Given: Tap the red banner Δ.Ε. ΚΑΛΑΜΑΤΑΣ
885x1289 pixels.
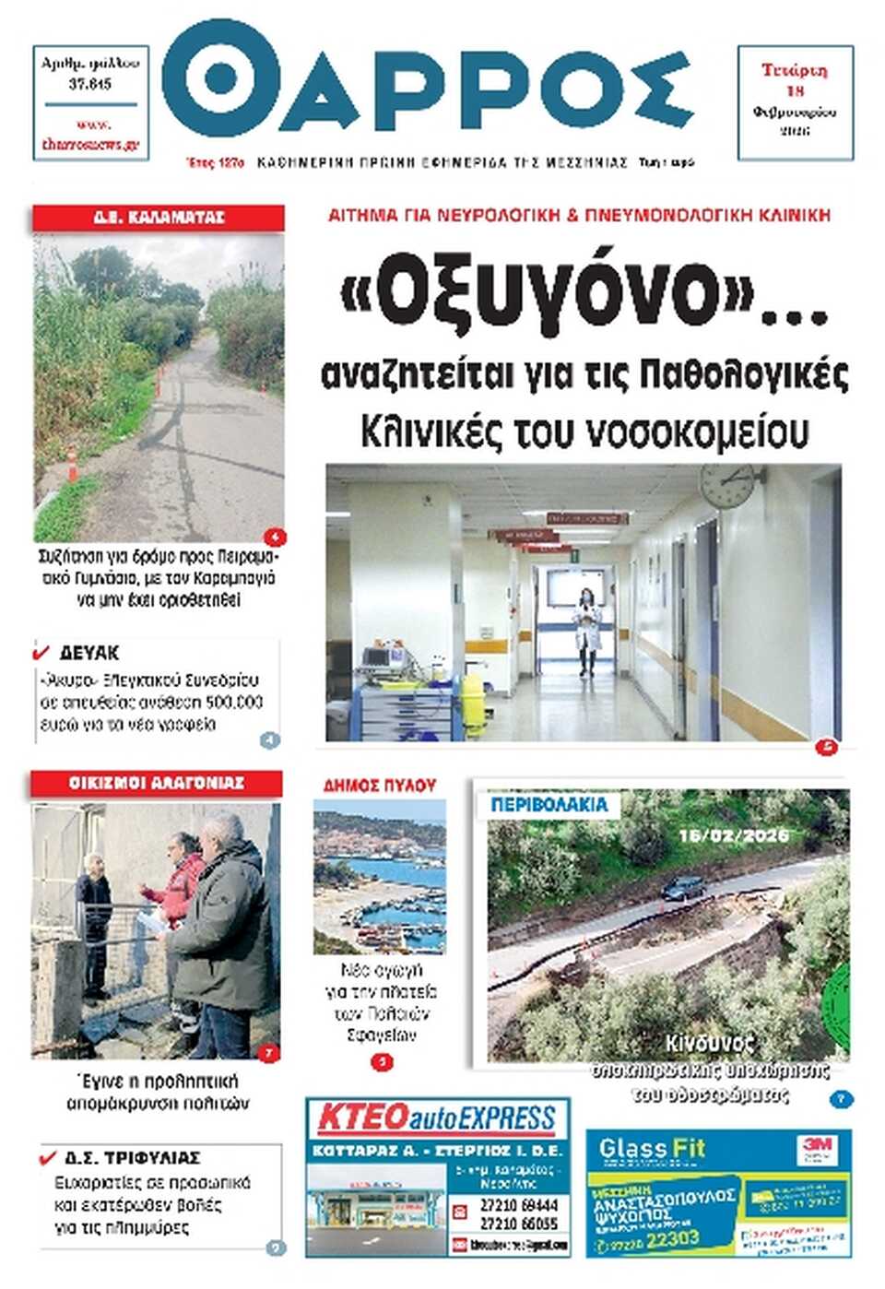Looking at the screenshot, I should (159, 218).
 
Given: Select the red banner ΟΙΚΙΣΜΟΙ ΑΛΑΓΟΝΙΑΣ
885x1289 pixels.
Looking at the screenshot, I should (156, 783).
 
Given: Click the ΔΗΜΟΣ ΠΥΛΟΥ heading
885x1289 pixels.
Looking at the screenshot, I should (379, 786).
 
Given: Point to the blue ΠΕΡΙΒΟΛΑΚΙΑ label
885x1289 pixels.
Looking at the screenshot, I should (549, 804).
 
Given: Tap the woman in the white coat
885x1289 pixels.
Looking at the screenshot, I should (585, 632).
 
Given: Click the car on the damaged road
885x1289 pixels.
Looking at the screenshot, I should (683, 888).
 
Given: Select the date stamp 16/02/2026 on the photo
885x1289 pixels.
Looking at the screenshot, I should (734, 835).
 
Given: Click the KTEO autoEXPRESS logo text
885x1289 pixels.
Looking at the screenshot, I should (437, 1119).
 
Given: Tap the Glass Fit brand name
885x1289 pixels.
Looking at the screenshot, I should (652, 1149).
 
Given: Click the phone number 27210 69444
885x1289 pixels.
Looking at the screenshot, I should (519, 1205).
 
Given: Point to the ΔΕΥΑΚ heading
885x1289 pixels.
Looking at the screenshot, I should (89, 653).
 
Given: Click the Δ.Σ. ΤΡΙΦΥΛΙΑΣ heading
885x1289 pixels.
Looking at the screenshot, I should (132, 1157).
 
